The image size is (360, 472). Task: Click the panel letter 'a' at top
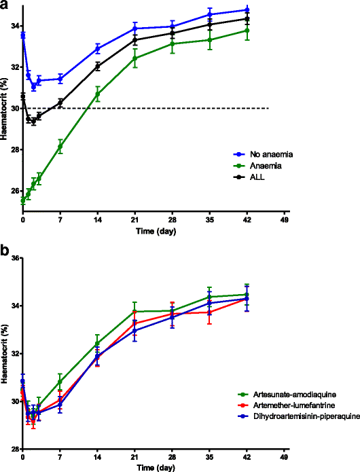[5, 5]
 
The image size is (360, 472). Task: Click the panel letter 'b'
[5, 249]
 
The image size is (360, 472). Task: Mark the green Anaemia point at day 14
[98, 93]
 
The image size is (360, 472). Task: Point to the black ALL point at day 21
[135, 40]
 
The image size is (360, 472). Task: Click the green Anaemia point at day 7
[60, 146]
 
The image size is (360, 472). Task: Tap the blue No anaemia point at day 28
[173, 26]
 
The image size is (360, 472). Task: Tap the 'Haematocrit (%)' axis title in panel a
[5, 109]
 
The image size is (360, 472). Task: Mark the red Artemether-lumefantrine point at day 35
[210, 312]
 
